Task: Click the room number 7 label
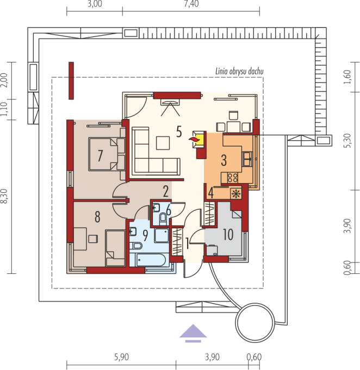point(100,155)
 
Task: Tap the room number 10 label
point(228,234)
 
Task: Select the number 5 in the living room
point(179,131)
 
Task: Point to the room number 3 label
point(224,160)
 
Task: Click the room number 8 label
point(97,217)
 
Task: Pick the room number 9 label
point(146,235)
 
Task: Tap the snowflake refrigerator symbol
point(236,194)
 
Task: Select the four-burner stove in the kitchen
point(233,178)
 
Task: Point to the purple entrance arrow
point(193,333)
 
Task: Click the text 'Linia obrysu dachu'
point(239,71)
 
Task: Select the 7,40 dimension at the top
point(191,4)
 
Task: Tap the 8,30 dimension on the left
point(4,196)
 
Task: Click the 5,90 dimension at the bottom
point(122,357)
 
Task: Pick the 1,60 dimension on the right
point(347,77)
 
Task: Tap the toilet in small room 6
point(163,217)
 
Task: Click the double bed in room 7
point(107,154)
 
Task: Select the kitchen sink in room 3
point(247,159)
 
